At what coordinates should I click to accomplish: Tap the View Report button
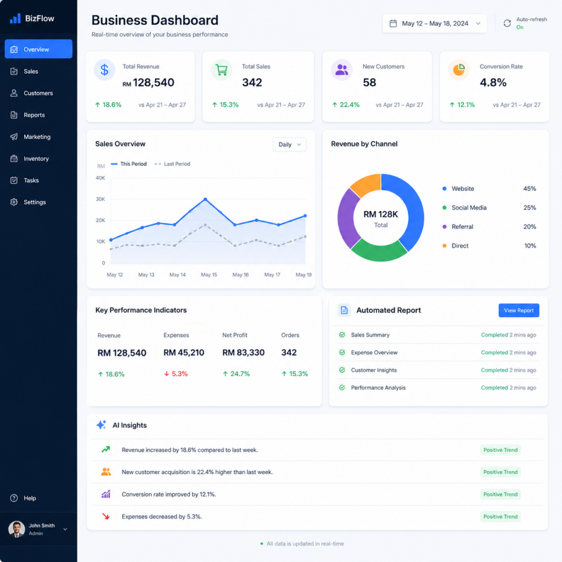519,311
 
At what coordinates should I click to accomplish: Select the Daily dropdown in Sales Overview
290,144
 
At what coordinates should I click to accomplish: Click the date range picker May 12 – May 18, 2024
435,24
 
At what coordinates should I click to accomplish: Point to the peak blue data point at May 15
205,199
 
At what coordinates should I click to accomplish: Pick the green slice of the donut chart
379,250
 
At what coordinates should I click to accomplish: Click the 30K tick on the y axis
100,199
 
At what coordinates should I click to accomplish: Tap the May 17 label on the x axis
272,274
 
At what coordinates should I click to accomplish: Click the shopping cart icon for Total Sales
222,70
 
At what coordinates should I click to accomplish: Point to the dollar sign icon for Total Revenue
104,70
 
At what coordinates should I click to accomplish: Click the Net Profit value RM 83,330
243,353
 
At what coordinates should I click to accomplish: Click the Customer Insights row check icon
342,370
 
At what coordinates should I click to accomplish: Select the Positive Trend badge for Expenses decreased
501,516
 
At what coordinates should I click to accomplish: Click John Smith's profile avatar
16,529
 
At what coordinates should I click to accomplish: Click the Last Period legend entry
172,164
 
